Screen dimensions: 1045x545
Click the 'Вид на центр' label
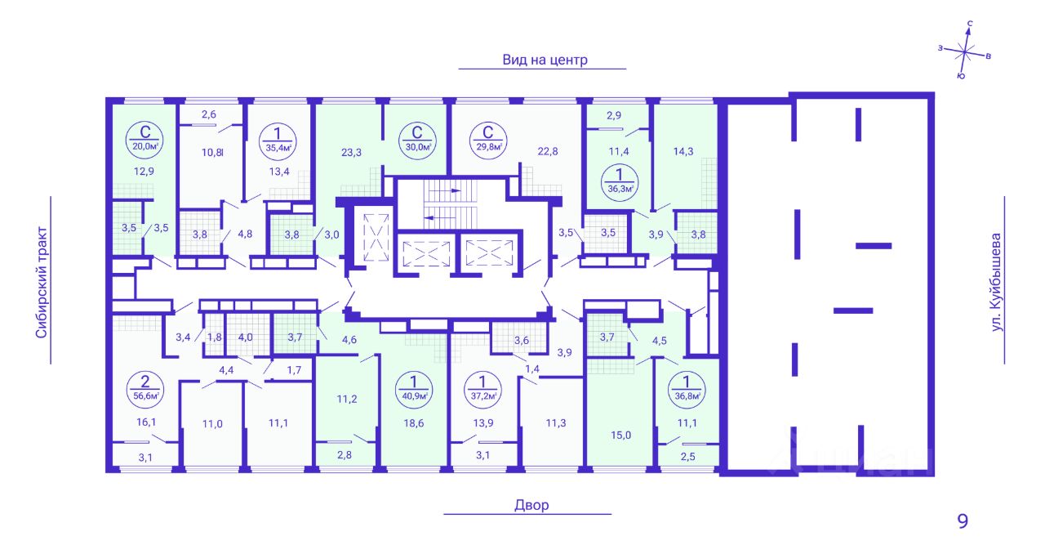tap(545, 60)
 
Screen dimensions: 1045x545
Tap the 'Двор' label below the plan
tap(531, 505)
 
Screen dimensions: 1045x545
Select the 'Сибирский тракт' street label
tap(42, 283)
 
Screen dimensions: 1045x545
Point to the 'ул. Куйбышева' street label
tap(996, 283)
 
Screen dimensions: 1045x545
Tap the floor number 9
tap(963, 520)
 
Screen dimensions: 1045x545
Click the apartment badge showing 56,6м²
tap(145, 390)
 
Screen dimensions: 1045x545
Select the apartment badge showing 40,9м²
tap(414, 390)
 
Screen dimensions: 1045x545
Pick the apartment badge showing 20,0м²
tap(145, 140)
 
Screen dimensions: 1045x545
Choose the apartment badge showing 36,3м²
tap(620, 182)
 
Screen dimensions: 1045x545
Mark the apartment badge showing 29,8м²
tap(488, 140)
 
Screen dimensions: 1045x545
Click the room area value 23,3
tap(351, 152)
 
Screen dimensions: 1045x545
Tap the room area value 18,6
tap(414, 423)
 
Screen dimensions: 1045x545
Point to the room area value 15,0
tap(621, 436)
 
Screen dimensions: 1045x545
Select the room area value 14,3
tap(683, 151)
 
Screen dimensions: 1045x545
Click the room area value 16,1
tap(146, 422)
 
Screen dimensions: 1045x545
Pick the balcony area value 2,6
tap(208, 114)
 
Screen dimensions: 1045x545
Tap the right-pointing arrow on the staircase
tap(456, 190)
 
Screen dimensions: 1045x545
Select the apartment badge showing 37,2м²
tap(482, 390)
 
